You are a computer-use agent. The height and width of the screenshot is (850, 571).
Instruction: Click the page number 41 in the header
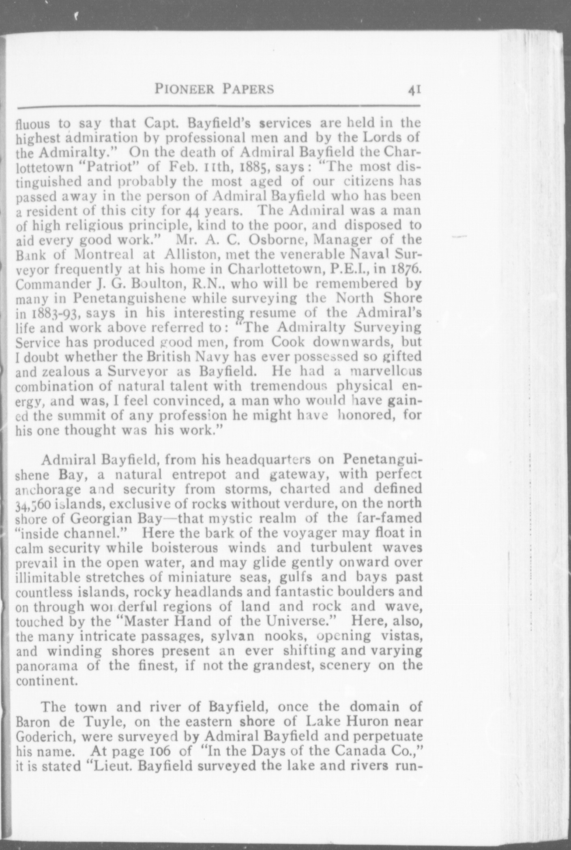(x=414, y=89)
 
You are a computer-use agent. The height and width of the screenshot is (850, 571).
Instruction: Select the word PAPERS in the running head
(x=248, y=89)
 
